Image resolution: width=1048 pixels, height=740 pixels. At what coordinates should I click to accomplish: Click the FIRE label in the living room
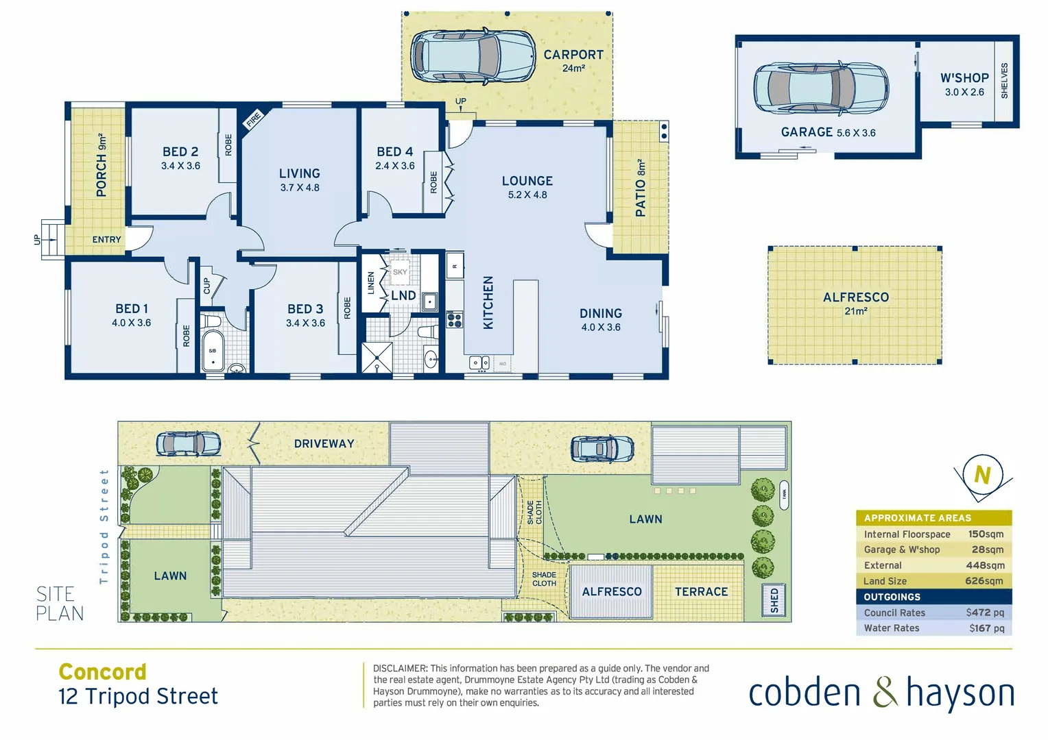click(254, 119)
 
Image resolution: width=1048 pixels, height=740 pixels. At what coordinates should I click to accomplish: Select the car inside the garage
click(820, 88)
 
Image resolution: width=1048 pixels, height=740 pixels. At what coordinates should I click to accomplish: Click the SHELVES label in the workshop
click(1005, 81)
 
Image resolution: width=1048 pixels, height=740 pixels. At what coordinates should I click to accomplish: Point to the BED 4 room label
click(395, 152)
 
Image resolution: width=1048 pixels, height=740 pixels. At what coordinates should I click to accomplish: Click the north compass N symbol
click(982, 474)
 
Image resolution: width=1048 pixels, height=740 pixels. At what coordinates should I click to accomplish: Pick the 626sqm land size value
click(984, 581)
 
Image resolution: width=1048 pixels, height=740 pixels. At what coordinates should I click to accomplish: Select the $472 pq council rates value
click(985, 613)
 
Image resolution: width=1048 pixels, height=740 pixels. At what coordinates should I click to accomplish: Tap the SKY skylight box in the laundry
click(400, 272)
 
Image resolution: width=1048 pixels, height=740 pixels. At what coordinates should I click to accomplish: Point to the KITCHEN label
click(488, 302)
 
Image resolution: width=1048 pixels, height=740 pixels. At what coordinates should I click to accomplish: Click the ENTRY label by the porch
click(106, 239)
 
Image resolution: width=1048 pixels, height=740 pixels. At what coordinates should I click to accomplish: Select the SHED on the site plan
click(774, 600)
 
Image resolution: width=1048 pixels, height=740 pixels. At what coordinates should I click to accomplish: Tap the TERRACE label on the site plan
click(701, 592)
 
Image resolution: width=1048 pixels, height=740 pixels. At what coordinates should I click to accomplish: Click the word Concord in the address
click(103, 671)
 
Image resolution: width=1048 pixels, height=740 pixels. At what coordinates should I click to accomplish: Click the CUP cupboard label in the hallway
click(207, 286)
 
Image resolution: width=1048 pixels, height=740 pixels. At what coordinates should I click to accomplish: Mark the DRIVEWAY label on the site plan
click(324, 444)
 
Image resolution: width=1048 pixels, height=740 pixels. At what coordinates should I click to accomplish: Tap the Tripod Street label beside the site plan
click(104, 526)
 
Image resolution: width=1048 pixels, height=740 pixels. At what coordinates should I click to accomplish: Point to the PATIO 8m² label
click(641, 188)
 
